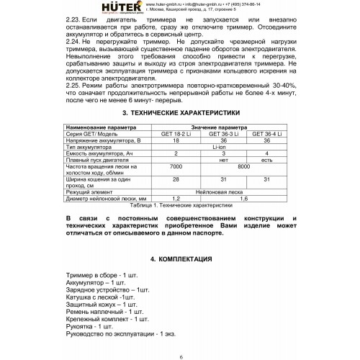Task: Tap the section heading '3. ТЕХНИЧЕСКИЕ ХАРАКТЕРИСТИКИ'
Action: coord(180,114)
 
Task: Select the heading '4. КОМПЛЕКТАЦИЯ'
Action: coord(180,258)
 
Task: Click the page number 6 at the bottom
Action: coord(181,356)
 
